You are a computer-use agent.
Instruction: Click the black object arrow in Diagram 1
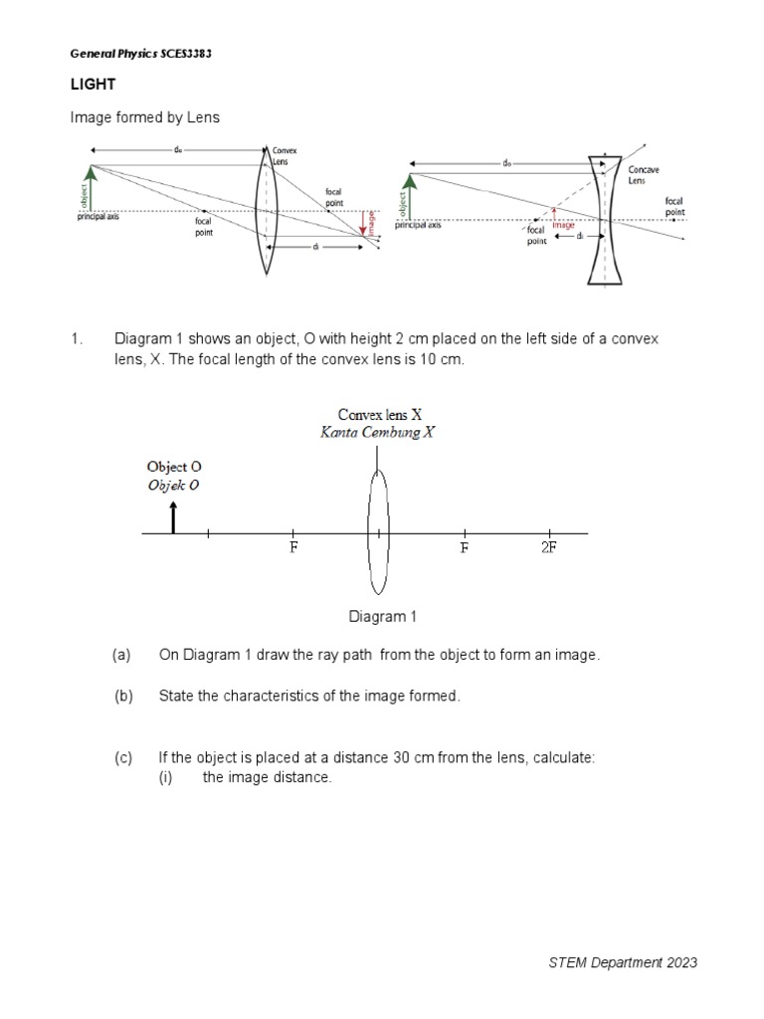tap(174, 517)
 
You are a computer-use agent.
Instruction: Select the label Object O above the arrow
tap(175, 466)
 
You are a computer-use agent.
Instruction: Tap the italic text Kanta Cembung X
tap(377, 432)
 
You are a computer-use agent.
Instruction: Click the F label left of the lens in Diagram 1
tap(293, 548)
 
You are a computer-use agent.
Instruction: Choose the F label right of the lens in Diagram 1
tap(465, 548)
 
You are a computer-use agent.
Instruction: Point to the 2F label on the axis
tap(548, 548)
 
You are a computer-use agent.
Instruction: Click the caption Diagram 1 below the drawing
tap(382, 617)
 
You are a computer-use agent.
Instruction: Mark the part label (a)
tap(122, 655)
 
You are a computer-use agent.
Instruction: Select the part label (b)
tap(122, 697)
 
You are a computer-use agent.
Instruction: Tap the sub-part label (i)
tap(166, 777)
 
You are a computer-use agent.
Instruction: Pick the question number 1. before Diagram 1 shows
tap(76, 339)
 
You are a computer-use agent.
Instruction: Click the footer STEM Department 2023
tap(623, 962)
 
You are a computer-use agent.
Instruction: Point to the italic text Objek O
tap(174, 485)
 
